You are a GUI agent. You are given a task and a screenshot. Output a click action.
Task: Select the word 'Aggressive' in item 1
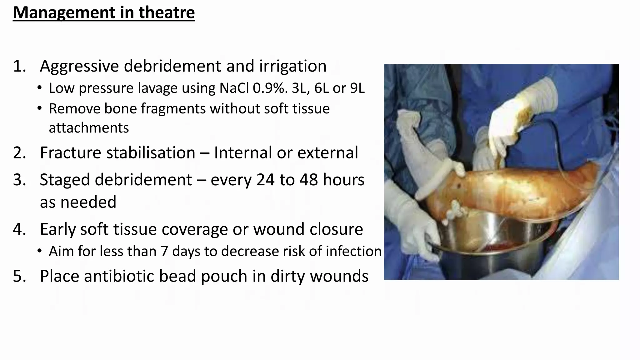(79, 66)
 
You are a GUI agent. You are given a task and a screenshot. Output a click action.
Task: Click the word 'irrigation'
(292, 66)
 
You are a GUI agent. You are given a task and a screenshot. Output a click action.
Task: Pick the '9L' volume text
(357, 88)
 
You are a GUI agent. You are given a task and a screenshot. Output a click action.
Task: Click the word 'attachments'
(89, 128)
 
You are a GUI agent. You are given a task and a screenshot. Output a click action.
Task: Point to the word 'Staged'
(65, 180)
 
